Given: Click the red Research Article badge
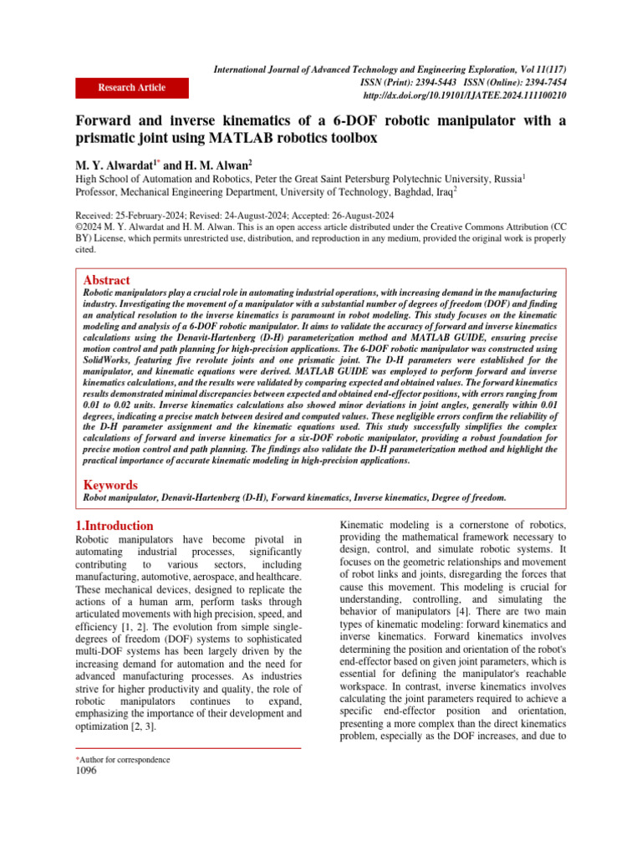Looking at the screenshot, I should point(131,88).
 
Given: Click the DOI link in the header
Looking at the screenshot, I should point(471,96).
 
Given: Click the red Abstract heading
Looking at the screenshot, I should point(108,281).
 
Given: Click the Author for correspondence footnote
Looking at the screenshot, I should point(122,759).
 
